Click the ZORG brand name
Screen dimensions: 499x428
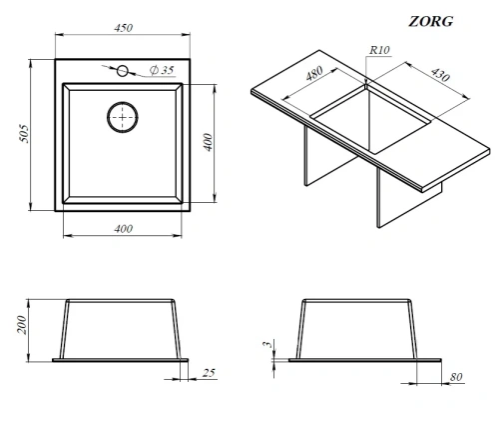(431, 21)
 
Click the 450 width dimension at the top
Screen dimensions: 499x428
(124, 28)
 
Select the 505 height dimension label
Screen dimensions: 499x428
(25, 134)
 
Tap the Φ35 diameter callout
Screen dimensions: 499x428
(162, 70)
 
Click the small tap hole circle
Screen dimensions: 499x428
(123, 71)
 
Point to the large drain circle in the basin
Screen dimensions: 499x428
(123, 117)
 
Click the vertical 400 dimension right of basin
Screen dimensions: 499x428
(208, 142)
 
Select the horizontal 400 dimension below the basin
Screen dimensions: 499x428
(124, 229)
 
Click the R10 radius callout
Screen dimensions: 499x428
(379, 50)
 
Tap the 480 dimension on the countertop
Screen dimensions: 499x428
(314, 73)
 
